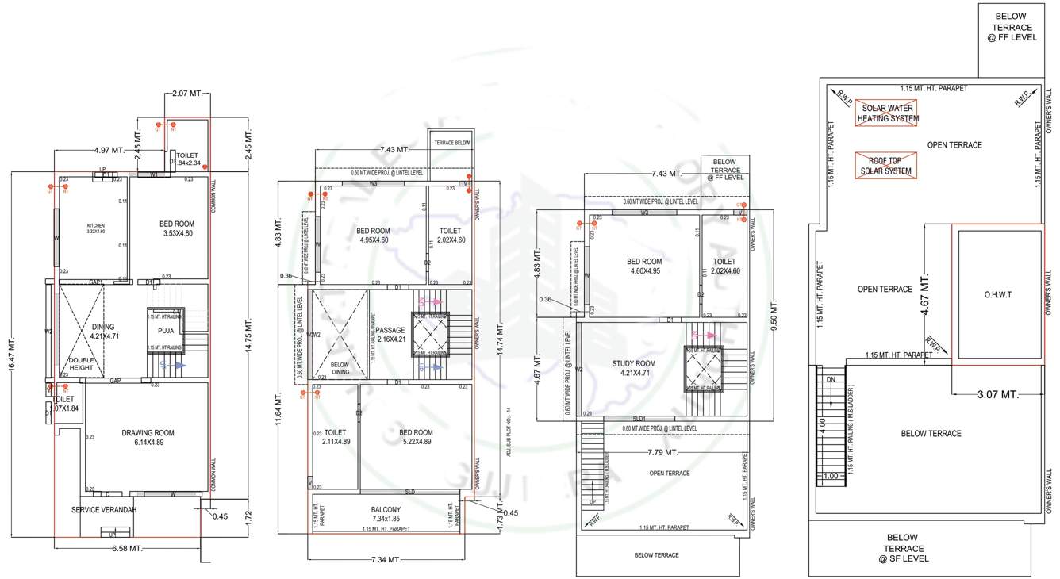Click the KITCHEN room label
coord(95,228)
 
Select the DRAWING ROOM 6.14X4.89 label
coord(148,438)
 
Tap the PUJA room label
coord(166,331)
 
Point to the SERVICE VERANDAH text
coord(104,510)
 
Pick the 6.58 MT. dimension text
coord(125,549)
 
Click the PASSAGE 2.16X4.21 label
coord(390,334)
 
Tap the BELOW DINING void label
coord(340,367)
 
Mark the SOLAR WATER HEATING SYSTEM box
coord(887,113)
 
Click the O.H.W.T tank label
coord(999,294)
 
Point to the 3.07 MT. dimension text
coord(997,394)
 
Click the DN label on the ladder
coord(830,380)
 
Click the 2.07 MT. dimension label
coord(188,94)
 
